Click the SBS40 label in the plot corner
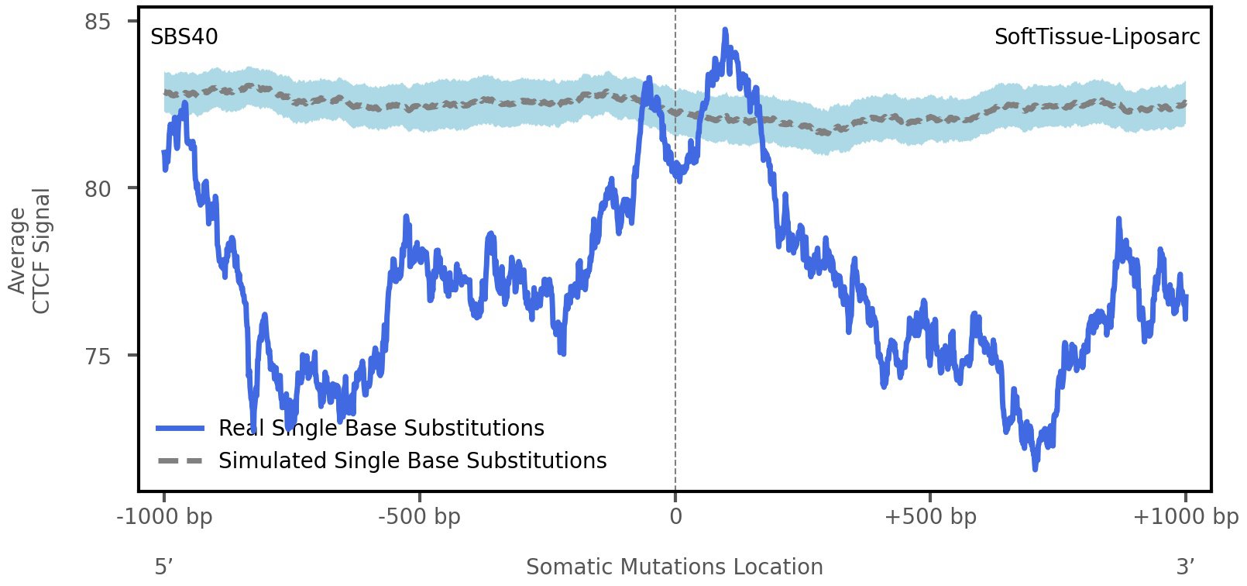click(x=184, y=36)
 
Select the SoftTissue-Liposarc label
click(x=1097, y=36)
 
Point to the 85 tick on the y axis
click(x=98, y=22)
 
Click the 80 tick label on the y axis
click(x=98, y=188)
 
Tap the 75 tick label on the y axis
click(x=98, y=356)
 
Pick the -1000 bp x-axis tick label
click(x=164, y=516)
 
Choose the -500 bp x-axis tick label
click(x=419, y=516)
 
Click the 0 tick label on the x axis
click(x=675, y=516)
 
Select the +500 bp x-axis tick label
click(x=929, y=516)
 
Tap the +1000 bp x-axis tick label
click(x=1185, y=516)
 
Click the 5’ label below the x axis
click(x=163, y=567)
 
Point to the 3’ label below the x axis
click(x=1185, y=567)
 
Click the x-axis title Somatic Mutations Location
click(x=674, y=567)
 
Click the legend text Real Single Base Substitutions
click(x=381, y=428)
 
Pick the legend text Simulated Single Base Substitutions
click(x=412, y=460)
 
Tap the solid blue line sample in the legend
click(x=180, y=428)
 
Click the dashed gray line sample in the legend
click(x=180, y=460)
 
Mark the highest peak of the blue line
click(x=725, y=31)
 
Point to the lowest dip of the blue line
click(x=1035, y=467)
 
